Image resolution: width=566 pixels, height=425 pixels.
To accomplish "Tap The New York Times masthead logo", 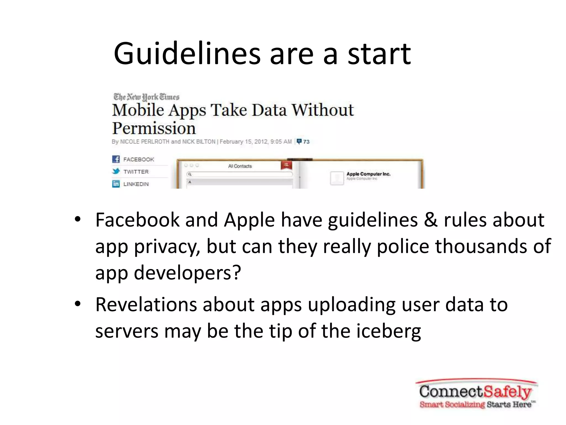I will click(146, 97).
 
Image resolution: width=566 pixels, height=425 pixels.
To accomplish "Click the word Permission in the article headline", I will click(154, 128).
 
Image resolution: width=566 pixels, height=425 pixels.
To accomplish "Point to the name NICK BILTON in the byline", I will click(199, 142).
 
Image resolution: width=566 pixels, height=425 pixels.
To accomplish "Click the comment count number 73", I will click(306, 142).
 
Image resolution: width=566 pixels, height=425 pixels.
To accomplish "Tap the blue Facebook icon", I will click(116, 159).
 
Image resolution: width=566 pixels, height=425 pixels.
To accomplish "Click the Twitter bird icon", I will click(116, 172).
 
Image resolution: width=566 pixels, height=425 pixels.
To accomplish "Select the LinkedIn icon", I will click(116, 184).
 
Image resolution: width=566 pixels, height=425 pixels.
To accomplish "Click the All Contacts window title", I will click(240, 166).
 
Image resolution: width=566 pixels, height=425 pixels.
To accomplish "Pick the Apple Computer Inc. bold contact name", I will click(368, 174).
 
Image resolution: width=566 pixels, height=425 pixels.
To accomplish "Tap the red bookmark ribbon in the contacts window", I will click(286, 165).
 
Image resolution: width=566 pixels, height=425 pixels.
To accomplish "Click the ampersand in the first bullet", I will click(431, 220).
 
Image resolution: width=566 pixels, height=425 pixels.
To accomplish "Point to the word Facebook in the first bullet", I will click(137, 220).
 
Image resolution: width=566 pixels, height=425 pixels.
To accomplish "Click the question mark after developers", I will click(237, 273).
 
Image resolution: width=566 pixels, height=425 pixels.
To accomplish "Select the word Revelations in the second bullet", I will click(146, 305).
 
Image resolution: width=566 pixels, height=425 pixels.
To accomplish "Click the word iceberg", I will click(389, 331).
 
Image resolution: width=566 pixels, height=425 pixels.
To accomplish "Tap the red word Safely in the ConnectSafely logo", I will click(507, 392).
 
